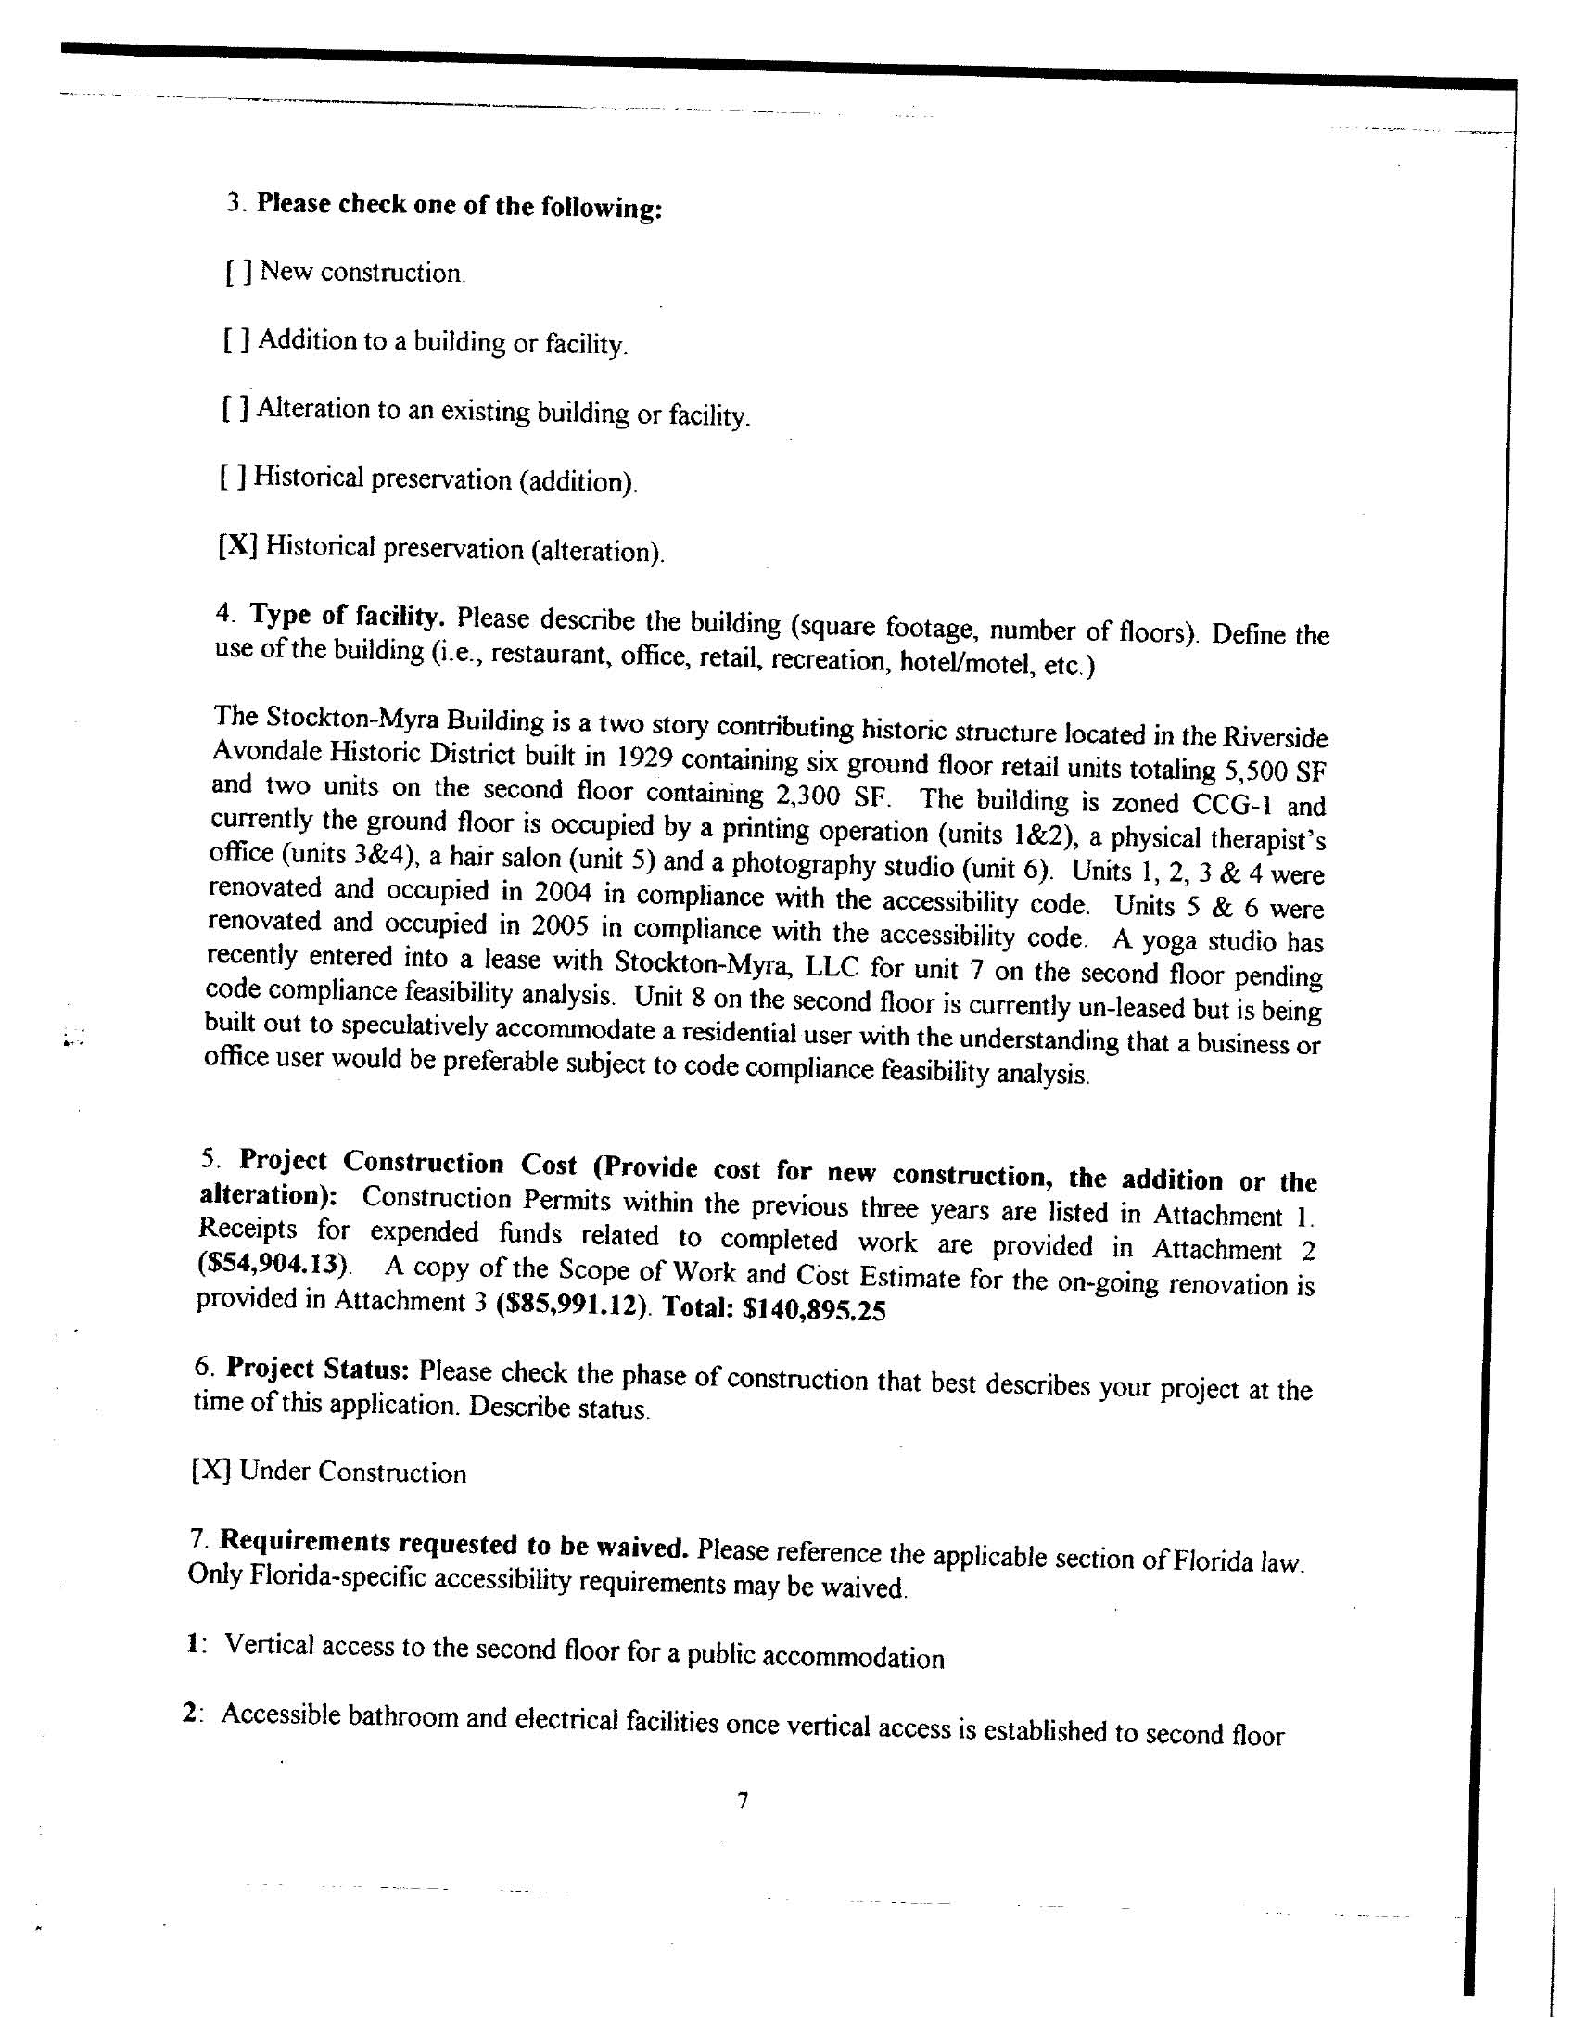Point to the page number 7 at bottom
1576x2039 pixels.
point(743,1801)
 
